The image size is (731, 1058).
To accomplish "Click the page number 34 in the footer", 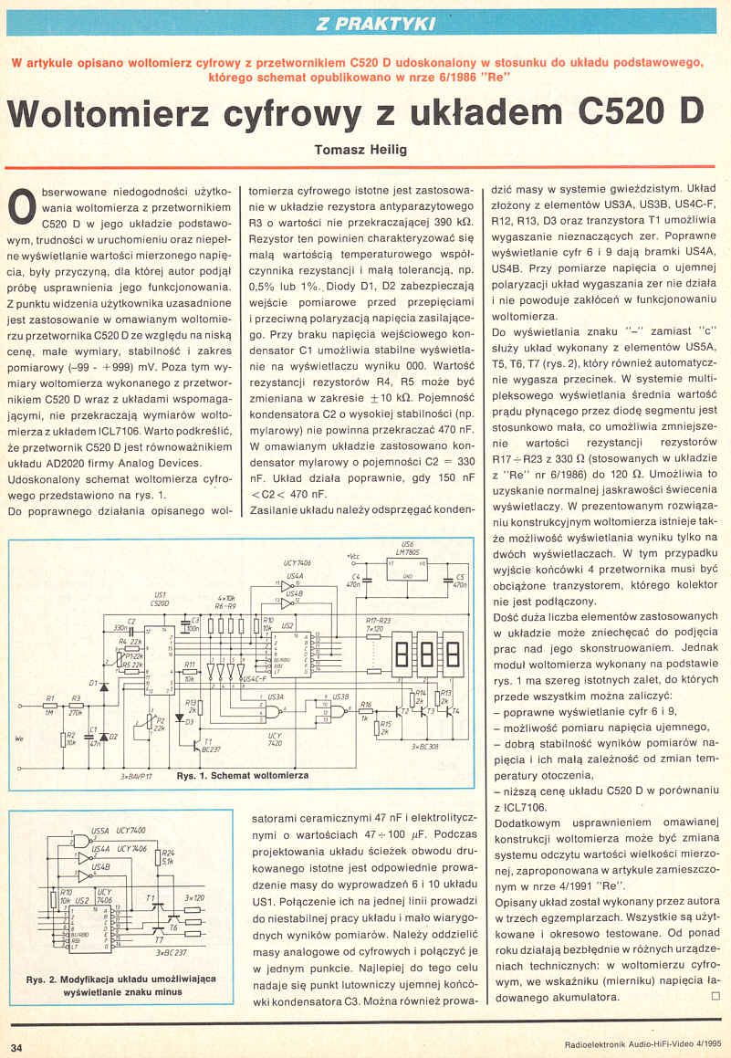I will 16,1046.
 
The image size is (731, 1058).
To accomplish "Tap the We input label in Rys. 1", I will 21,736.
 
